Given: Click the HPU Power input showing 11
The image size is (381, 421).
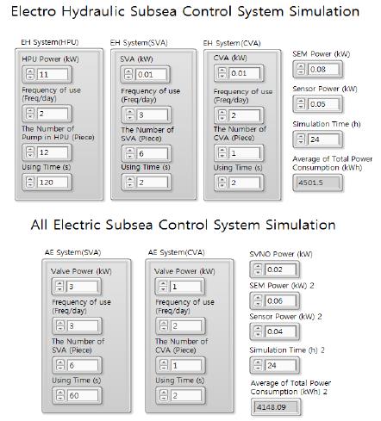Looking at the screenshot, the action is pyautogui.click(x=52, y=75).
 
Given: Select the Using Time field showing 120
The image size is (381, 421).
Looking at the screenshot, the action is pyautogui.click(x=52, y=183).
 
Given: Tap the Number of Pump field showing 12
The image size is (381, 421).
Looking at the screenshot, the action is pyautogui.click(x=52, y=152).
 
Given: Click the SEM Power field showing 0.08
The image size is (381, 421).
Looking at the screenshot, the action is pyautogui.click(x=323, y=69).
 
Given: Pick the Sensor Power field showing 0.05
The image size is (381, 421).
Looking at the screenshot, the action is pyautogui.click(x=323, y=104).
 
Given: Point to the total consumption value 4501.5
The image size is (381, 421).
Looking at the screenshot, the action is pyautogui.click(x=318, y=183).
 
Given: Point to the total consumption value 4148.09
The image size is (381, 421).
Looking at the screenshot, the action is pyautogui.click(x=276, y=406).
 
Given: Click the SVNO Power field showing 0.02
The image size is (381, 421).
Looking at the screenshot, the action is pyautogui.click(x=280, y=269).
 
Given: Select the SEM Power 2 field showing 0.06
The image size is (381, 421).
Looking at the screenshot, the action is pyautogui.click(x=280, y=300).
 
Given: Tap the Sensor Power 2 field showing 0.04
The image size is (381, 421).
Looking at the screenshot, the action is pyautogui.click(x=280, y=331).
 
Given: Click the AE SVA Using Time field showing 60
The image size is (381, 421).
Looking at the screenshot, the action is pyautogui.click(x=83, y=395).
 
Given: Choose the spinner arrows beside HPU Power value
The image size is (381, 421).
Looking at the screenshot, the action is pyautogui.click(x=30, y=75).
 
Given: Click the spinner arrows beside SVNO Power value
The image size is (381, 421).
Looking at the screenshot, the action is pyautogui.click(x=258, y=269).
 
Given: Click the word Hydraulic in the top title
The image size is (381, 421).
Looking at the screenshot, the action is pyautogui.click(x=93, y=11).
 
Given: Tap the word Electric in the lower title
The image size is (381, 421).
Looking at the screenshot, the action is pyautogui.click(x=77, y=225).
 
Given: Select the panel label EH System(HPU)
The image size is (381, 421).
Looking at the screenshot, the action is pyautogui.click(x=50, y=42).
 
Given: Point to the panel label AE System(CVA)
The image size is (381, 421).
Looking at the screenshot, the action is pyautogui.click(x=177, y=252).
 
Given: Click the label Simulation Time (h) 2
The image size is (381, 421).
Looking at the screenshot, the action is pyautogui.click(x=287, y=350).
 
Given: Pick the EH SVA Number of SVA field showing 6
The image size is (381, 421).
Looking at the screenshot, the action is pyautogui.click(x=152, y=153).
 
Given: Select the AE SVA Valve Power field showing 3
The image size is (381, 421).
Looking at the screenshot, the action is pyautogui.click(x=83, y=287).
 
